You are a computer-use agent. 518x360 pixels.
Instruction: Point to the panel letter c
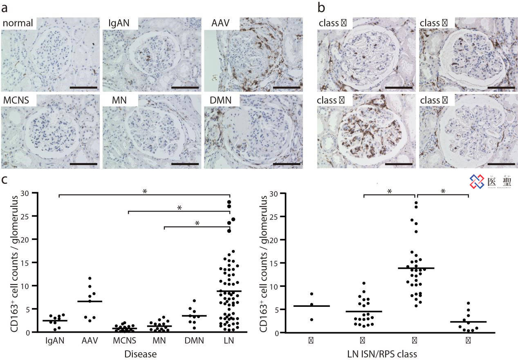[4, 180]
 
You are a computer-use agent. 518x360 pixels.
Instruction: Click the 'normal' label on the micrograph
[18, 23]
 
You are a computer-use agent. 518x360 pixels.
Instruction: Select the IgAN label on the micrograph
[118, 23]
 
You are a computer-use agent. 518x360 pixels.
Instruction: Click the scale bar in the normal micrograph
[83, 87]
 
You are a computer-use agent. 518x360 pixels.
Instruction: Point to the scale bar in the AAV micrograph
[286, 87]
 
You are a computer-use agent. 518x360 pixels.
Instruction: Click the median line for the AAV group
[95, 301]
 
